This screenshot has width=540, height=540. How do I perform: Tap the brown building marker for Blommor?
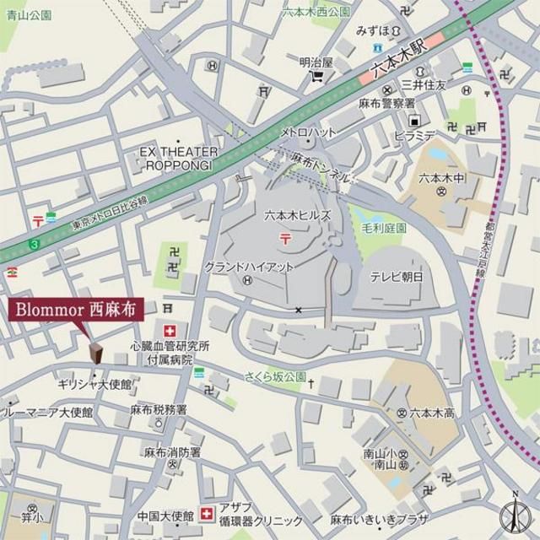(x=94, y=353)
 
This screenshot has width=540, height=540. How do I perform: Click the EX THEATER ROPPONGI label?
(x=179, y=158)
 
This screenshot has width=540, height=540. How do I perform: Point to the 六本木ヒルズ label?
(x=297, y=216)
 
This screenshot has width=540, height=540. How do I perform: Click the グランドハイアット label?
(x=250, y=267)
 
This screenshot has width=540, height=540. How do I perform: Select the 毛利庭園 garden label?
(x=383, y=229)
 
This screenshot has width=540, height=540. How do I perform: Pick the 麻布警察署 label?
(x=386, y=103)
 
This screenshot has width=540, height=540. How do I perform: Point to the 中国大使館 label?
(x=163, y=515)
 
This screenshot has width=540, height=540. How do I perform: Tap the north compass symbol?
(x=514, y=513)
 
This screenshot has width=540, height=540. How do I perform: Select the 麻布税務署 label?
(x=158, y=410)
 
